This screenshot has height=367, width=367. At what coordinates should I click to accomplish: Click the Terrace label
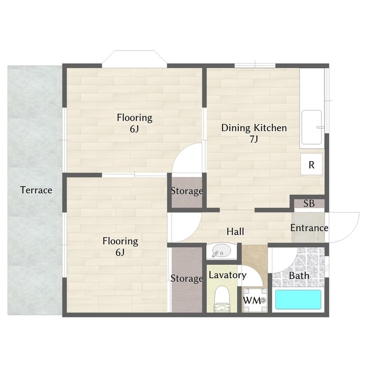(x=36, y=190)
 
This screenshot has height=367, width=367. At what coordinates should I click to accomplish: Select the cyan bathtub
(x=298, y=299)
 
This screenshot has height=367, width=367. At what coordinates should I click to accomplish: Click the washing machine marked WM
(x=255, y=300)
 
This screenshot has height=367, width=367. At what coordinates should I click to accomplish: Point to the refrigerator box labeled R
(x=311, y=165)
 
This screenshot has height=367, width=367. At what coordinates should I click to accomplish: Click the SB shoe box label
(x=309, y=204)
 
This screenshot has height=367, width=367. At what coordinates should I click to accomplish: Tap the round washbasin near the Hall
(x=222, y=251)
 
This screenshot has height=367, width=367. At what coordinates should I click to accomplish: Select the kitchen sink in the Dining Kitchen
(x=311, y=127)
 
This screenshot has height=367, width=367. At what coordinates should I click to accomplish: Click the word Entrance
(x=309, y=228)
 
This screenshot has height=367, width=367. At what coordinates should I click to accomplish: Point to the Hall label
(x=235, y=232)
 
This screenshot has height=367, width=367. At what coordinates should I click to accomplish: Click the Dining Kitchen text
(x=254, y=128)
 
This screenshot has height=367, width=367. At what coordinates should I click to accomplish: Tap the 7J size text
(x=253, y=139)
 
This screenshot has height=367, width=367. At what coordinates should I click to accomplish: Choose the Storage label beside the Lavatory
(x=187, y=279)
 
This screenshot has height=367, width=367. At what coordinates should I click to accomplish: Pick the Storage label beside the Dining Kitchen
(x=187, y=191)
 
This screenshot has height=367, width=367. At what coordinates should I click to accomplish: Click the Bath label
(x=299, y=275)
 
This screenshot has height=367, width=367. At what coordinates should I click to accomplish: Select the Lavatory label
(x=228, y=275)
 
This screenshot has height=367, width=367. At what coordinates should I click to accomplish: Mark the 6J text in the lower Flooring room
(x=120, y=252)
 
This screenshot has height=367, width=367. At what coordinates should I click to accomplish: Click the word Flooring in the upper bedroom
(x=135, y=118)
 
